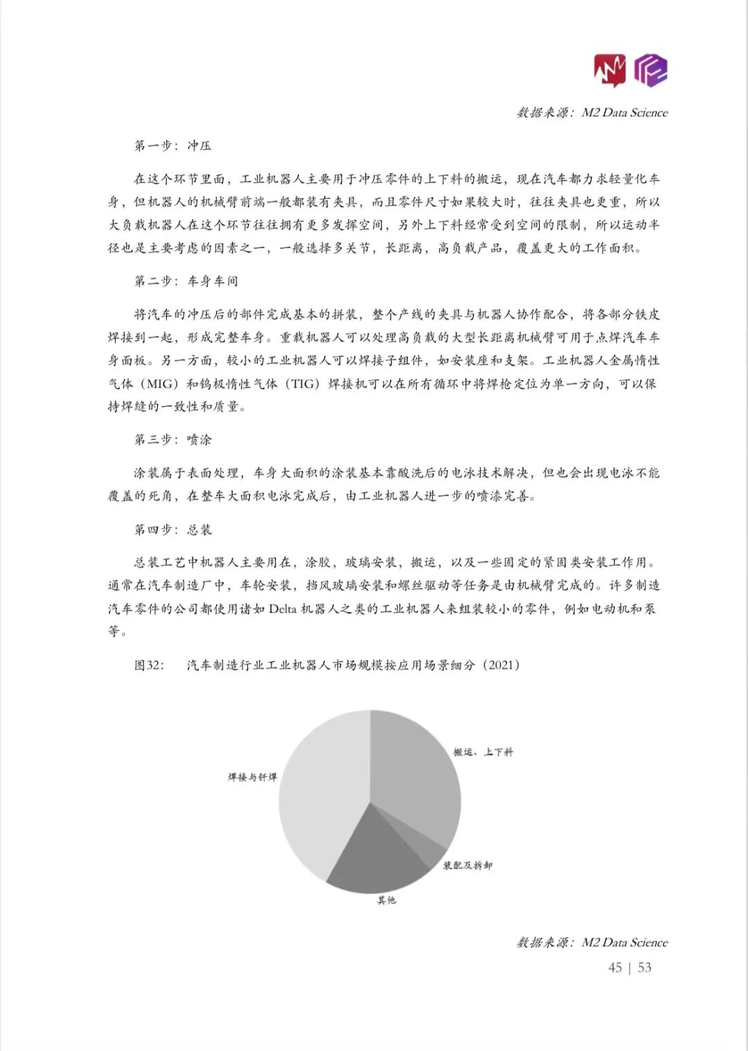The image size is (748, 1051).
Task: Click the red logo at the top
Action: click(x=609, y=70)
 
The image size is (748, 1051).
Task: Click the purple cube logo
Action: click(x=651, y=70)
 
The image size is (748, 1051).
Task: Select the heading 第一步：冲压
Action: click(x=172, y=145)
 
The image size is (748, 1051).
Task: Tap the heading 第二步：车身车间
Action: click(x=186, y=281)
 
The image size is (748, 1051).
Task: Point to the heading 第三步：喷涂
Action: click(x=172, y=440)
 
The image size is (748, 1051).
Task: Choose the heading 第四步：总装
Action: click(x=172, y=530)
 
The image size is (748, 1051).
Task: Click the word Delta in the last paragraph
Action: click(x=282, y=609)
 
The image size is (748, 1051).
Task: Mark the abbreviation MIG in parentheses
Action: click(x=159, y=384)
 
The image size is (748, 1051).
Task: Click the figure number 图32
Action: click(x=149, y=665)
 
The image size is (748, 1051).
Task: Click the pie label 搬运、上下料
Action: click(x=483, y=753)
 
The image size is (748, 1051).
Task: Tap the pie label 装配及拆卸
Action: click(x=467, y=865)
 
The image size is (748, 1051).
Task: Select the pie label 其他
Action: click(x=386, y=900)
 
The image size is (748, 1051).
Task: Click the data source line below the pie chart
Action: click(x=592, y=942)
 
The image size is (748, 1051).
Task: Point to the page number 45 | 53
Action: click(x=630, y=967)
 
